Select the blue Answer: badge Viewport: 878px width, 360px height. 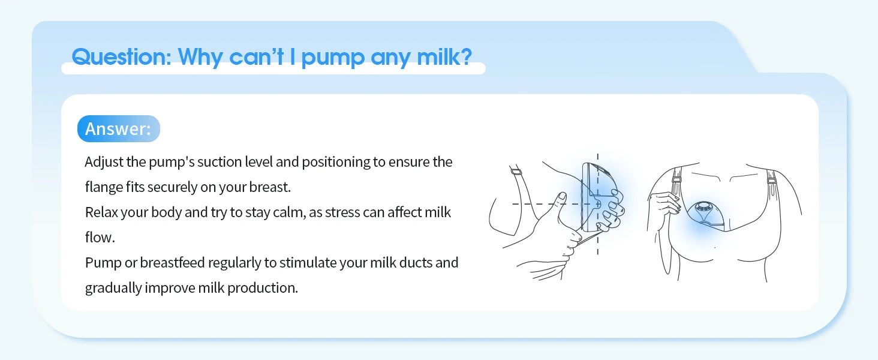(x=118, y=129)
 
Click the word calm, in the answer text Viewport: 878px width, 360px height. (x=288, y=212)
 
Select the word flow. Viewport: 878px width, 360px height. (x=100, y=238)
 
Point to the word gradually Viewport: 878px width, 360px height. (x=113, y=288)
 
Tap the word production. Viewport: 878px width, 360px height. (x=264, y=288)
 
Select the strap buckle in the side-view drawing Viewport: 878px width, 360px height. (x=515, y=172)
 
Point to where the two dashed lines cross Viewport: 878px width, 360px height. (x=597, y=204)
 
